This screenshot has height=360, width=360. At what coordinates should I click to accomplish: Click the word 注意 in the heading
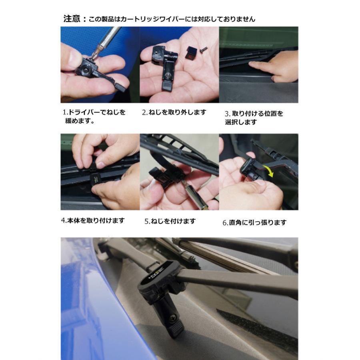[72, 18]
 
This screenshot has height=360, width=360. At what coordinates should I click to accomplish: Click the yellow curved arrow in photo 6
[269, 170]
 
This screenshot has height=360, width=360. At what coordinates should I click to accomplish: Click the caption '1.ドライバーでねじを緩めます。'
[94, 116]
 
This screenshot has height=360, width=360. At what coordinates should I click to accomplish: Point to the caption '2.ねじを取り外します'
[174, 112]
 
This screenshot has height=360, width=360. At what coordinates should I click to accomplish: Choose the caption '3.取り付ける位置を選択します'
[254, 118]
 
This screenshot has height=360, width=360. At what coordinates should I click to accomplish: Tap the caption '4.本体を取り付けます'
[93, 220]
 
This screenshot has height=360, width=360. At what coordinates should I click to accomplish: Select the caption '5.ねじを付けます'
[170, 221]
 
